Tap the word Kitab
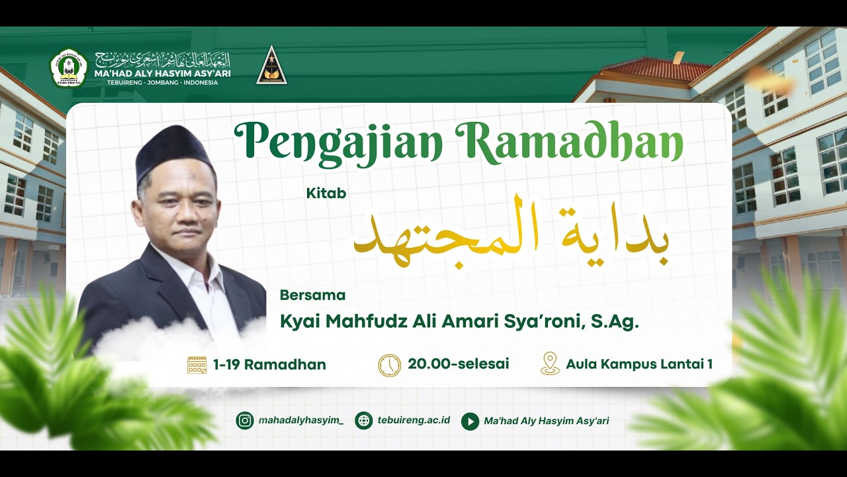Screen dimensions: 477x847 tap(326, 193)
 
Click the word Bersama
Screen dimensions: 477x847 tap(312, 295)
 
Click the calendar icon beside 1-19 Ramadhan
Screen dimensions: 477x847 tap(197, 364)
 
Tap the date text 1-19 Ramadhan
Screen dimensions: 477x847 tap(269, 364)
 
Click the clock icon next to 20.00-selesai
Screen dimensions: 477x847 tap(389, 365)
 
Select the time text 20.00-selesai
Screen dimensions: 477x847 tap(459, 364)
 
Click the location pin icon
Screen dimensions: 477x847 tap(550, 364)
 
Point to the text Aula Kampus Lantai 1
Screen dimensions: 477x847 tap(639, 364)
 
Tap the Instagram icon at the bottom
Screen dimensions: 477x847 tap(245, 421)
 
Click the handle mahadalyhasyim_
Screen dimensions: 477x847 tap(301, 421)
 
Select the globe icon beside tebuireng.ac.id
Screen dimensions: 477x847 tap(363, 421)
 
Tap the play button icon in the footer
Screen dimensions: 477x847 tap(470, 421)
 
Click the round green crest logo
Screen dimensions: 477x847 tap(69, 68)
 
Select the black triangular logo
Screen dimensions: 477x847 tap(271, 67)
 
